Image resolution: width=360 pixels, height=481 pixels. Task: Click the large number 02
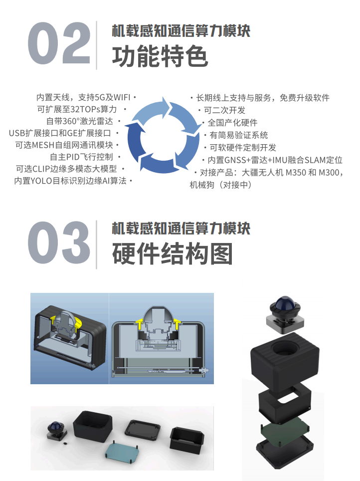(59, 43)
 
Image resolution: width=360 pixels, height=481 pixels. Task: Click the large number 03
(59, 242)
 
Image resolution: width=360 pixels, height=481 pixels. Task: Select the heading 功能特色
(160, 56)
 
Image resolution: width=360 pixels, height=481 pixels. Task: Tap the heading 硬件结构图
(173, 253)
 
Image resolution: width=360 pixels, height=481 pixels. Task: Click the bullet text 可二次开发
(224, 110)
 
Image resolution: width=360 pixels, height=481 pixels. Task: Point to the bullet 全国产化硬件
(232, 123)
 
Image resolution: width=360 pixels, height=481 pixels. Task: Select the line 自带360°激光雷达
(80, 121)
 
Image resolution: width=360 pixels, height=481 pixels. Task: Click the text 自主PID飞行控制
(81, 157)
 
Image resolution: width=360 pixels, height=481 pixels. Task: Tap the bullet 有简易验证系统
(238, 135)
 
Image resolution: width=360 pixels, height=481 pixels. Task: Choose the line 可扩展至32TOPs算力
(77, 109)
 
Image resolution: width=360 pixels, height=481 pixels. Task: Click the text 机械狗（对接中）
(220, 185)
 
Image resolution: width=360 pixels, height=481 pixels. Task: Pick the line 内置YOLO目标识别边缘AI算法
(70, 181)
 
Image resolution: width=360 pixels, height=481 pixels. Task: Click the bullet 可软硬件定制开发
(243, 148)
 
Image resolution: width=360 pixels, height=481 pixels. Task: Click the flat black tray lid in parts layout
(143, 430)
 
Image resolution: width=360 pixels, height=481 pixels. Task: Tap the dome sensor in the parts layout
(56, 430)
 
